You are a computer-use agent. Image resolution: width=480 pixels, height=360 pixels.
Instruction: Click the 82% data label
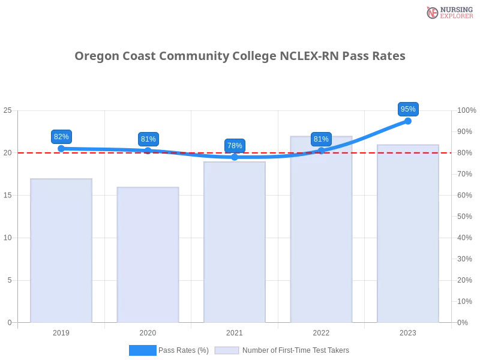[x=61, y=137]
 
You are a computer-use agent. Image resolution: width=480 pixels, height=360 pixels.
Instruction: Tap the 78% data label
[x=235, y=146]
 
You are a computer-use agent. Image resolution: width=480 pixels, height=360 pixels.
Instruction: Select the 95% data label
[x=408, y=109]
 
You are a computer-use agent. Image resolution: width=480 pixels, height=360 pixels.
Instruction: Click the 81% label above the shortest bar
[x=148, y=139]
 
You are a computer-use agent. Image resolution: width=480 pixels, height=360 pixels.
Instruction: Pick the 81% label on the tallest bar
[x=321, y=139]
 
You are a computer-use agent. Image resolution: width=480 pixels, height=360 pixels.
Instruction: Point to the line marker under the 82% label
[x=61, y=147]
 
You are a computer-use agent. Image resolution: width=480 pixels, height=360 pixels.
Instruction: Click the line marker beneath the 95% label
[x=408, y=121]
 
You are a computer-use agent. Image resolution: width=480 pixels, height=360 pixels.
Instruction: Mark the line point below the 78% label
[x=235, y=157]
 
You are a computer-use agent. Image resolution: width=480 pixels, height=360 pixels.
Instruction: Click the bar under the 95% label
[x=408, y=234]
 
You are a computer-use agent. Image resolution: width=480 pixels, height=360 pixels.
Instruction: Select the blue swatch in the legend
[x=143, y=350]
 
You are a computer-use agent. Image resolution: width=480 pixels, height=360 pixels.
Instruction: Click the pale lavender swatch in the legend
[x=227, y=350]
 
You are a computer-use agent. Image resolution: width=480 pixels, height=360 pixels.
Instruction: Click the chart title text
[x=240, y=56]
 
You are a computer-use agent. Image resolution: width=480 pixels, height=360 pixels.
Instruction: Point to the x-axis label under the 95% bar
[x=408, y=331]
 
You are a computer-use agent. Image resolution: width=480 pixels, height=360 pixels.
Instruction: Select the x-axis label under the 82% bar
[x=62, y=331]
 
